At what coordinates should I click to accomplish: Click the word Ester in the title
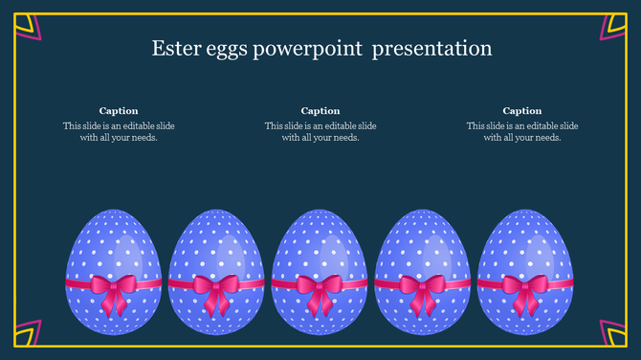(x=174, y=48)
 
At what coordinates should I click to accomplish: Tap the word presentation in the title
(x=432, y=49)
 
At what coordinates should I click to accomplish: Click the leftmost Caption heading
(x=119, y=111)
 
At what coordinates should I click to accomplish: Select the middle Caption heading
(x=320, y=111)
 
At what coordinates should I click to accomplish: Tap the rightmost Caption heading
(x=522, y=111)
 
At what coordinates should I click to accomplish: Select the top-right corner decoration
(x=613, y=26)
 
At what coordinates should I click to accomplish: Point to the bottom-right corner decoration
(x=613, y=332)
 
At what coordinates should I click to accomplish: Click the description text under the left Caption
(x=119, y=131)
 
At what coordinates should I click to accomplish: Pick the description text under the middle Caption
(x=320, y=131)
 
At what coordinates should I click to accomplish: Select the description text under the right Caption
(x=522, y=131)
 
